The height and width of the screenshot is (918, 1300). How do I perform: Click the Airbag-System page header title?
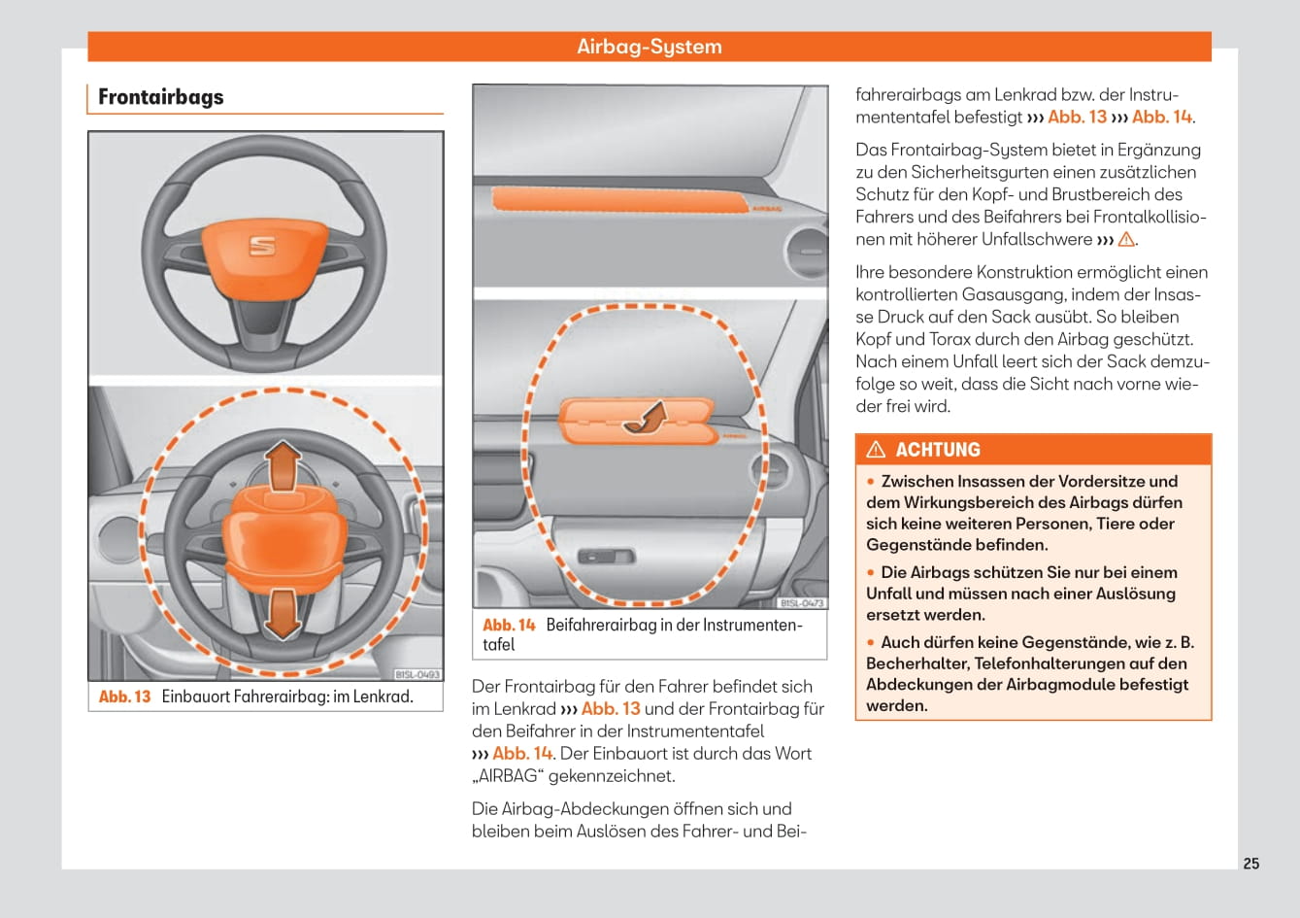click(x=650, y=47)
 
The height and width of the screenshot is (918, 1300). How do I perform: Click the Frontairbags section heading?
click(x=161, y=97)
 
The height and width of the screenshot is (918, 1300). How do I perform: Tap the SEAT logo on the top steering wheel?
click(x=262, y=247)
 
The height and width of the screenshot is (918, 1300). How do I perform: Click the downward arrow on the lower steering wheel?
click(x=282, y=612)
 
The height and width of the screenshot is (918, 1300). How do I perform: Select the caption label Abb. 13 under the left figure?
click(x=125, y=697)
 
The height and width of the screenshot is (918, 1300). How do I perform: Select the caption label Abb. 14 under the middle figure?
click(x=509, y=625)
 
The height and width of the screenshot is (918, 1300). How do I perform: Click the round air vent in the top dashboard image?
click(x=805, y=250)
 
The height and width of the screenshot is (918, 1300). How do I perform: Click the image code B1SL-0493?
click(x=417, y=674)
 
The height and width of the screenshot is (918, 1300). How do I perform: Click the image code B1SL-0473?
click(x=802, y=603)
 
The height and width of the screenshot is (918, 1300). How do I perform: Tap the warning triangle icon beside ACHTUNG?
click(x=876, y=449)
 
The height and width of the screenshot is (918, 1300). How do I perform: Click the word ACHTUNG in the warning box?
click(x=938, y=450)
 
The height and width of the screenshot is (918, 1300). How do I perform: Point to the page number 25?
click(x=1251, y=864)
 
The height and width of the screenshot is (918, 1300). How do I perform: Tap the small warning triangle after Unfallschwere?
click(x=1126, y=239)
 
